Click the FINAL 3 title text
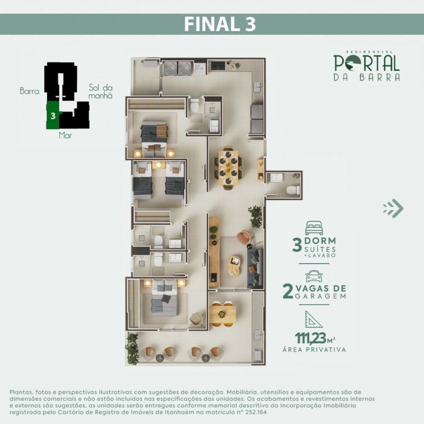(x=220, y=24)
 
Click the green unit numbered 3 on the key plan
(x=52, y=115)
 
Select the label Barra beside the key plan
(x=29, y=91)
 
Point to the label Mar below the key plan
(x=65, y=136)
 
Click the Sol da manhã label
(x=100, y=92)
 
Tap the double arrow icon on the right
(x=393, y=208)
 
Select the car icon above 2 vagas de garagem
(x=314, y=276)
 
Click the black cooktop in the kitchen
(x=218, y=66)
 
